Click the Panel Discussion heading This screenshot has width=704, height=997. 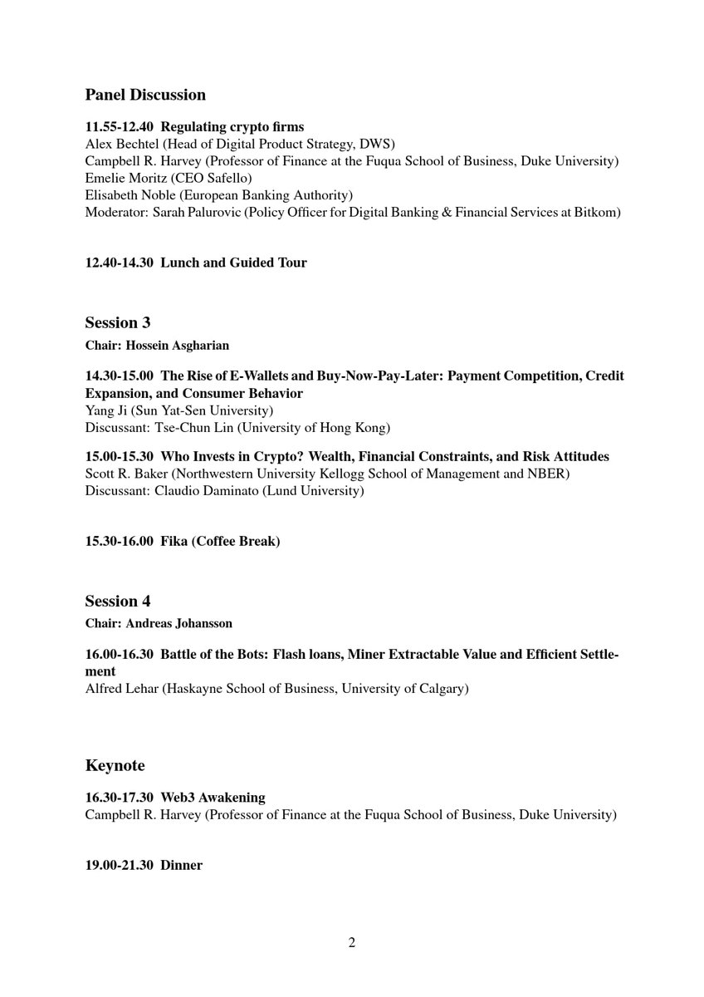coord(145,95)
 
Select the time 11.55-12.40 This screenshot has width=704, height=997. coord(119,127)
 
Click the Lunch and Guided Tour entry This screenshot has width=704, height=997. coord(233,263)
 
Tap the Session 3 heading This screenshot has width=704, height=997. coord(117,322)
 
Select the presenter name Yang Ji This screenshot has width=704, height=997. coord(106,410)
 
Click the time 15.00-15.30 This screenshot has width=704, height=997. coord(119,457)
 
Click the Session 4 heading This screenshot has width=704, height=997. coord(117,601)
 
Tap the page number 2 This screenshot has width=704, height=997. coord(352,942)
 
